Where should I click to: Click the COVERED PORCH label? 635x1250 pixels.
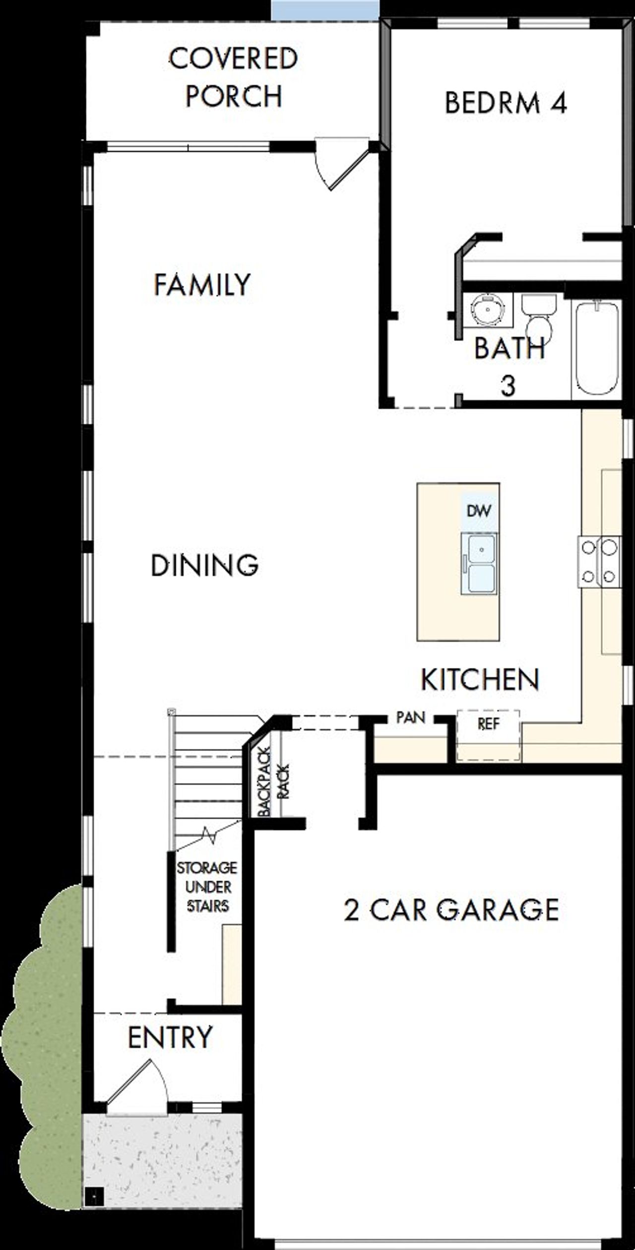pyautogui.click(x=233, y=77)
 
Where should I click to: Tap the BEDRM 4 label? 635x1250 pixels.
pyautogui.click(x=505, y=103)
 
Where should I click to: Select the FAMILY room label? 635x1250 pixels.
pyautogui.click(x=202, y=285)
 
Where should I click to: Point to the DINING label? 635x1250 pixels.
pyautogui.click(x=204, y=565)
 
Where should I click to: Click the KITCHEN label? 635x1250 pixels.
pyautogui.click(x=480, y=679)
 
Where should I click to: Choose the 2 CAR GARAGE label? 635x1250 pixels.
pyautogui.click(x=451, y=910)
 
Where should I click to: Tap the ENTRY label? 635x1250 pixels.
pyautogui.click(x=170, y=1037)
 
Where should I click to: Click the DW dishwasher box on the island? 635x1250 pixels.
pyautogui.click(x=479, y=511)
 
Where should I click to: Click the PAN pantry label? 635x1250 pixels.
pyautogui.click(x=411, y=718)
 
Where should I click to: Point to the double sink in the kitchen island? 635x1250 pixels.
pyautogui.click(x=479, y=564)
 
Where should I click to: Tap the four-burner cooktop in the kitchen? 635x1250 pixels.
pyautogui.click(x=599, y=562)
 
